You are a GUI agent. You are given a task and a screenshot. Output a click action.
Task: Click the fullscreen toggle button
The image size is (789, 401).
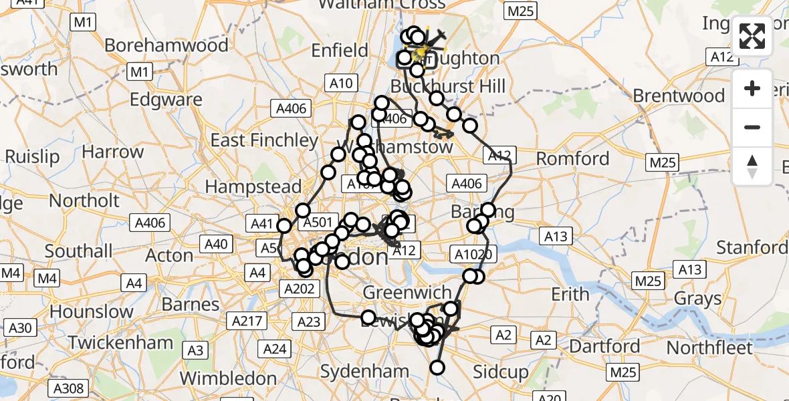point(752,36)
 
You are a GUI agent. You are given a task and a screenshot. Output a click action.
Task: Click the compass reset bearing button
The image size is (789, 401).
point(752,166)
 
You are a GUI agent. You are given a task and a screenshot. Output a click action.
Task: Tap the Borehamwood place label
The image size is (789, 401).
point(166,45)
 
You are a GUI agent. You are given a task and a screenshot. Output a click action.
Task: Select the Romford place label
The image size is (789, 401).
point(574,158)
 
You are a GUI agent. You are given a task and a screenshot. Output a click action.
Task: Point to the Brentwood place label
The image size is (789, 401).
point(679,96)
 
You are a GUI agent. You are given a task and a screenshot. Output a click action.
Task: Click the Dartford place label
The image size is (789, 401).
point(605,346)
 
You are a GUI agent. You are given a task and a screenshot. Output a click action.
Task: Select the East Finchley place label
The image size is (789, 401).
point(264,140)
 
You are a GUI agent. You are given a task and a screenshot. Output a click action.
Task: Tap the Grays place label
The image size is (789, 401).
point(699,298)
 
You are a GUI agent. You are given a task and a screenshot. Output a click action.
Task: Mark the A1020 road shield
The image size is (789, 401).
point(473,254)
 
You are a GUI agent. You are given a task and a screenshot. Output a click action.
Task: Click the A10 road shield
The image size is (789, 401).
point(341,83)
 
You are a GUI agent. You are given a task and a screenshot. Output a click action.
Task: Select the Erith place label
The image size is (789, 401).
point(570,294)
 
